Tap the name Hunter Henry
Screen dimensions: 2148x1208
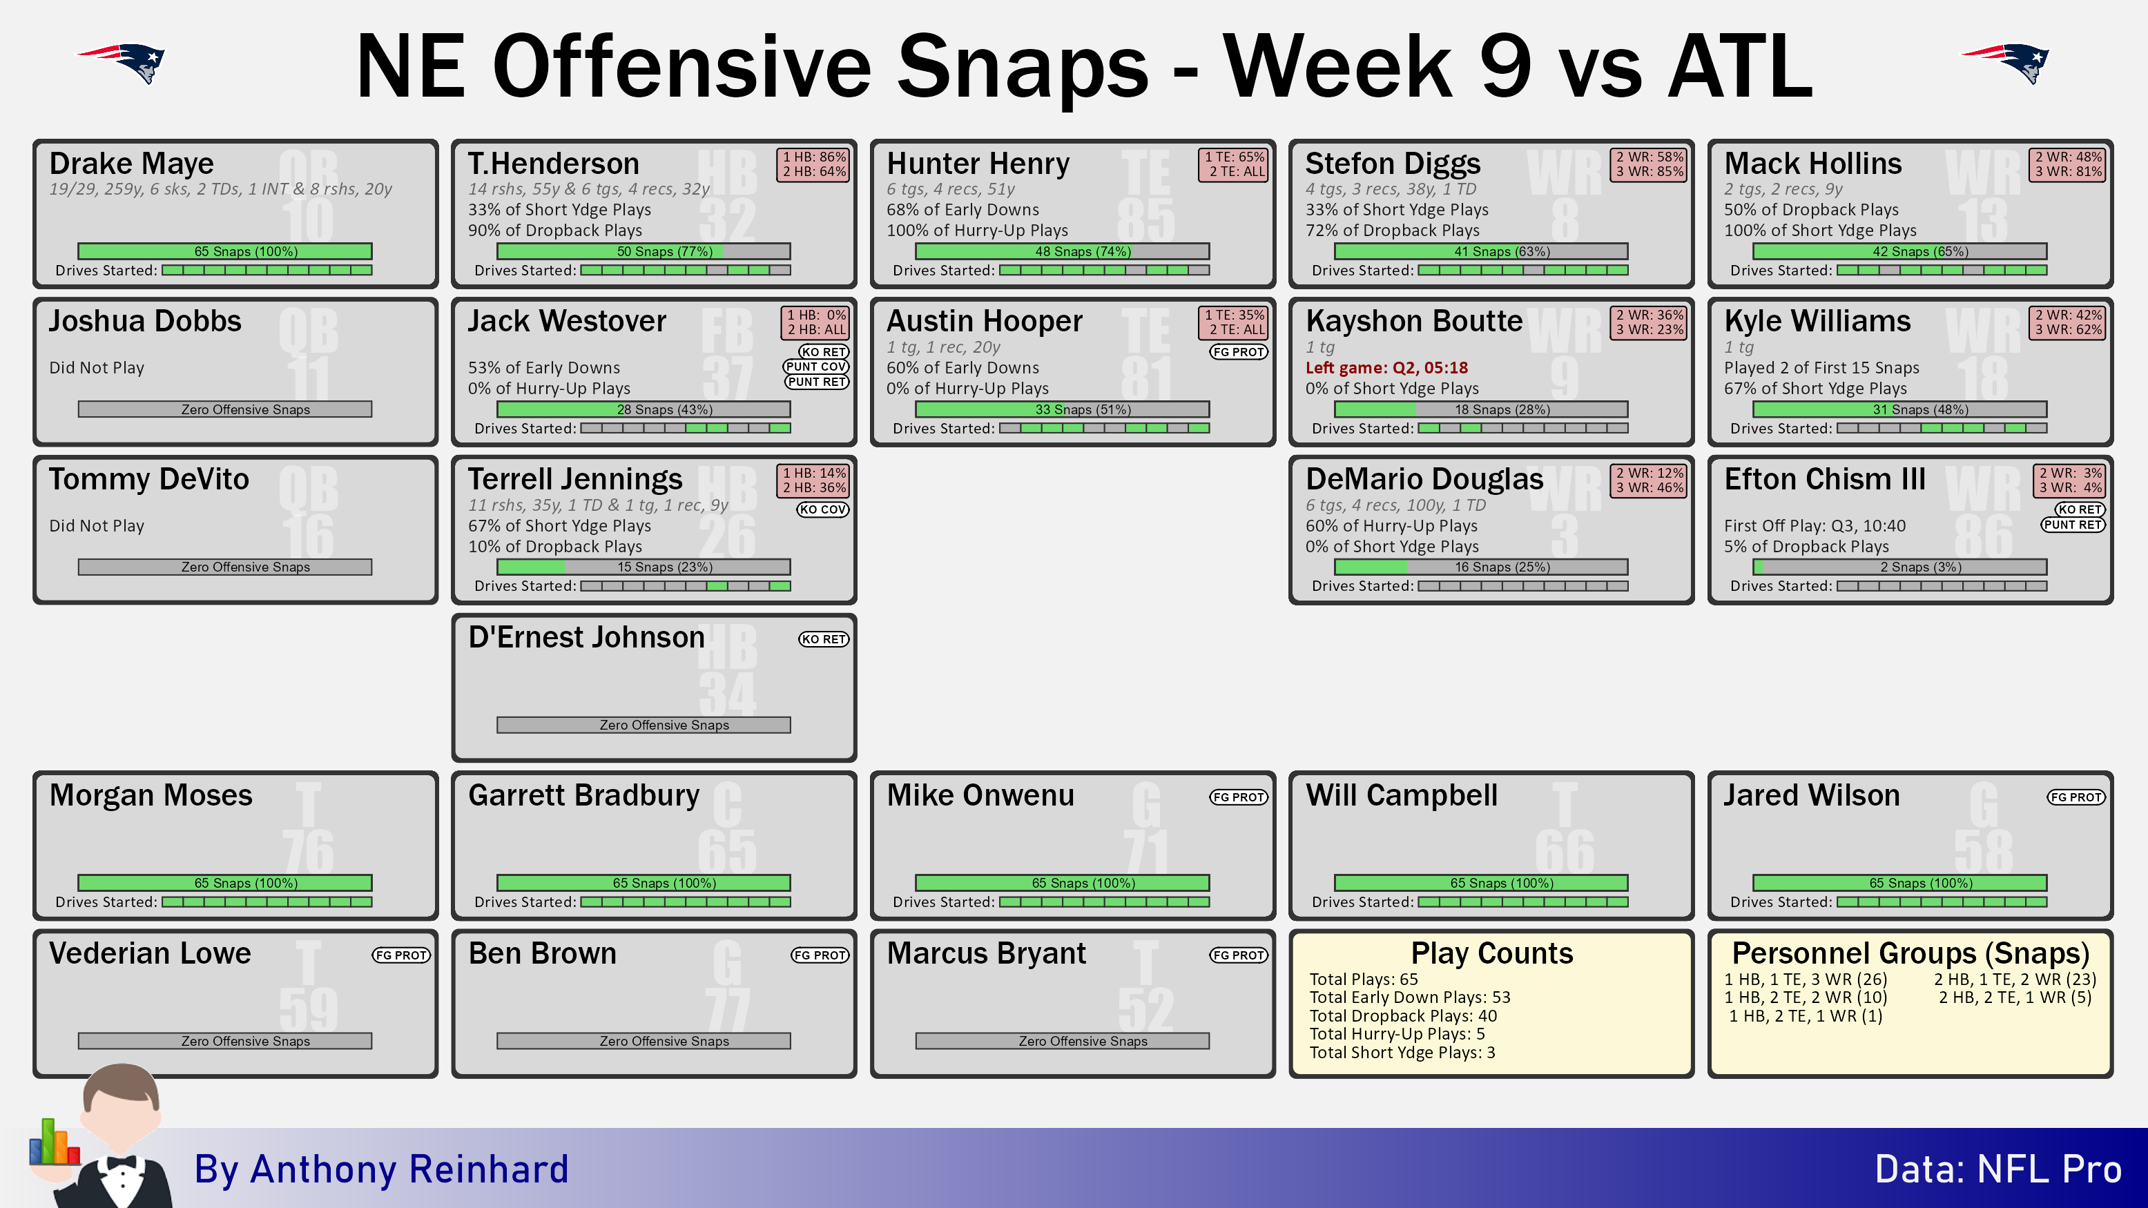(978, 164)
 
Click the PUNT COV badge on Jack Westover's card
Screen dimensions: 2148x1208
(816, 367)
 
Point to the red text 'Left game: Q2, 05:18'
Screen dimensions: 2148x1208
(1386, 368)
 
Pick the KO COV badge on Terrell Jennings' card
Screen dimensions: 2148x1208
(822, 509)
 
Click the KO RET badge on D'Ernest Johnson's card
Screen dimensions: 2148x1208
(824, 639)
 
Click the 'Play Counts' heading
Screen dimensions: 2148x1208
(1492, 953)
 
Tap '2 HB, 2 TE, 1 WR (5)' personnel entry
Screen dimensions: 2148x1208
(2015, 997)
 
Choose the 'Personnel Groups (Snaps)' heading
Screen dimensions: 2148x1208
(1910, 953)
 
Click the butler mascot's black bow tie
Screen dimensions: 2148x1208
(122, 1162)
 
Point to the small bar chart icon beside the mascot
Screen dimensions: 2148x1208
(54, 1142)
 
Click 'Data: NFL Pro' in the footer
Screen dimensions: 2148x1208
(1998, 1169)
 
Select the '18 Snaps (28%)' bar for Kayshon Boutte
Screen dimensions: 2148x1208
(1481, 409)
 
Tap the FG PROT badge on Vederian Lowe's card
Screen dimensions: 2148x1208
(401, 955)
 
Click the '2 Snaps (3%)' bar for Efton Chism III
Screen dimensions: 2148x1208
(1899, 567)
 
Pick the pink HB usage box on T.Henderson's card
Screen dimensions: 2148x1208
(814, 164)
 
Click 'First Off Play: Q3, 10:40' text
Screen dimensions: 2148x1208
(1815, 526)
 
